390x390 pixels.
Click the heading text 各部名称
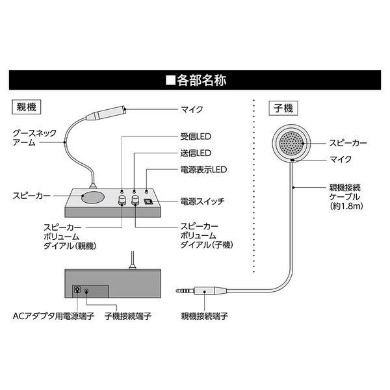[x=201, y=81]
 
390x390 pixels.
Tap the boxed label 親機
[x=27, y=107]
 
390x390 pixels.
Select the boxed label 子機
[x=283, y=109]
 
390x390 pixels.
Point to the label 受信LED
[x=196, y=136]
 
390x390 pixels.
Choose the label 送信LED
[x=196, y=153]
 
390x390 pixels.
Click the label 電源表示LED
[x=203, y=170]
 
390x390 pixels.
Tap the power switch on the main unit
[x=148, y=201]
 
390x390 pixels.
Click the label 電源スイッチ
[x=202, y=201]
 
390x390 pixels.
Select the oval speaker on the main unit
[x=92, y=197]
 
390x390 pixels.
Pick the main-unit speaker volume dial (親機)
[x=122, y=200]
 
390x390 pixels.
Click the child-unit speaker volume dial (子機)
[x=135, y=200]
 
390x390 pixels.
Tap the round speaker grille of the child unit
[x=291, y=143]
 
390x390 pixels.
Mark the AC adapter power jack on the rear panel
[x=77, y=289]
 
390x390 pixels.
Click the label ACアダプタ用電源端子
[x=53, y=316]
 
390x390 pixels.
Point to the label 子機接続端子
[x=128, y=316]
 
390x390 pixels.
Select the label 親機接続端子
[x=205, y=316]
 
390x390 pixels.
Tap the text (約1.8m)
[x=346, y=206]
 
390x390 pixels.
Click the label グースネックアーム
[x=34, y=138]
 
